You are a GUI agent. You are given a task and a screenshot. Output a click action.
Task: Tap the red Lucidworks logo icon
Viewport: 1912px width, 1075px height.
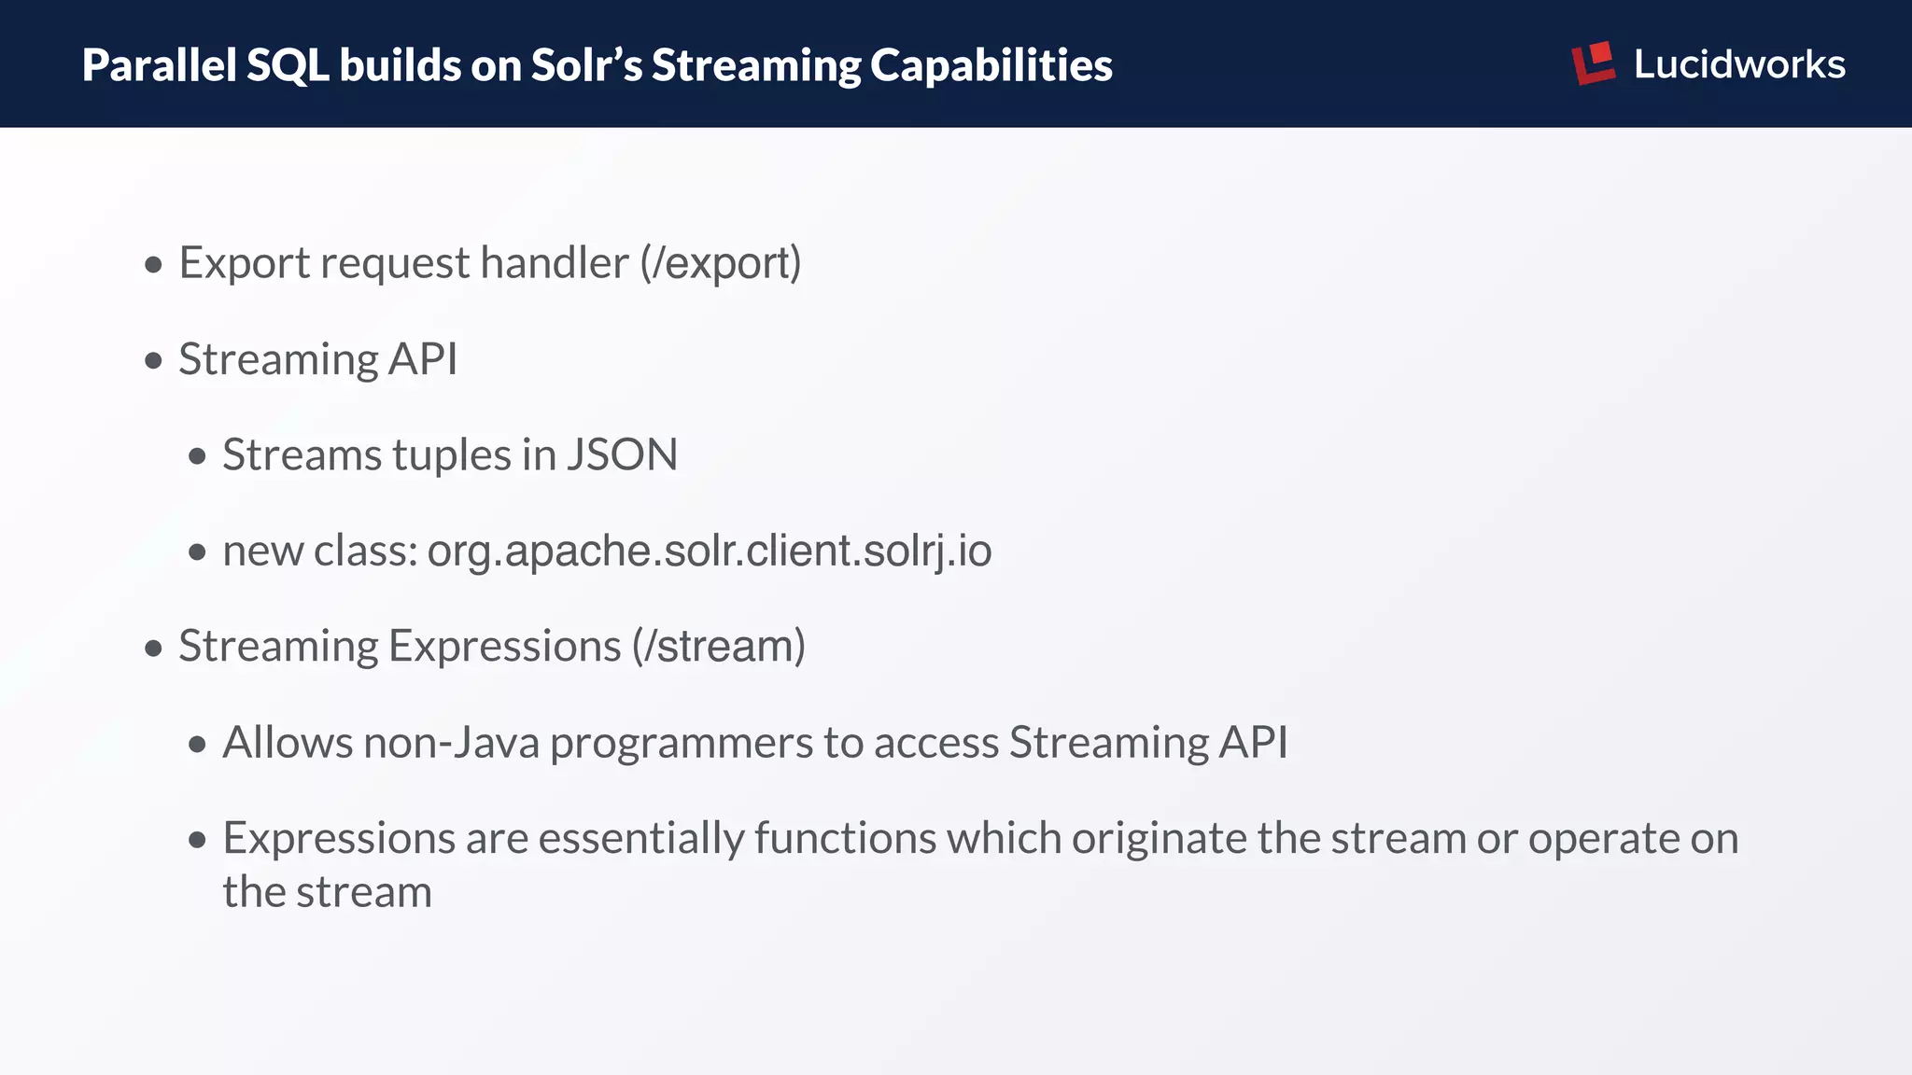pos(1593,63)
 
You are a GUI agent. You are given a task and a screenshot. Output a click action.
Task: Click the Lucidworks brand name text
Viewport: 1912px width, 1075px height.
pos(1738,64)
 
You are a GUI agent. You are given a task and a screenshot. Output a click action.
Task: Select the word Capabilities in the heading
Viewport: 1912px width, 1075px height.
pos(991,65)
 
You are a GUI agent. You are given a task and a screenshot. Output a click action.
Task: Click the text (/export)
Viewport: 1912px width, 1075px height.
pos(720,263)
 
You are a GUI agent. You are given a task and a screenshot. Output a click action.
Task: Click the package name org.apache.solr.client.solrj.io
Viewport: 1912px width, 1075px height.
pos(709,551)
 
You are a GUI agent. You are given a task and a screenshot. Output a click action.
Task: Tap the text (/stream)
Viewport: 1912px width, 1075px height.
pos(718,646)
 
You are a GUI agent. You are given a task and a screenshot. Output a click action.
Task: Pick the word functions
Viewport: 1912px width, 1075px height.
pos(845,838)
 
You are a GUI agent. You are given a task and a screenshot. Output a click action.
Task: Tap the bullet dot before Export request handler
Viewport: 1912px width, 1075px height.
pos(154,265)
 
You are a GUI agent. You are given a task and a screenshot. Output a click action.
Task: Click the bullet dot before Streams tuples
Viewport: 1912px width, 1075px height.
pos(197,456)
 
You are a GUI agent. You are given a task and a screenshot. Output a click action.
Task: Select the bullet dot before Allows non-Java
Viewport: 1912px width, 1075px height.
pos(197,744)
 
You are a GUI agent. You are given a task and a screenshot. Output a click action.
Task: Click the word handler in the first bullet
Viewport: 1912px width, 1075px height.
pos(554,263)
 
